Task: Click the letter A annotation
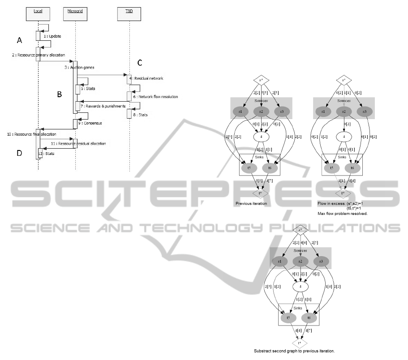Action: [19, 40]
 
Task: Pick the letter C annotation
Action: [140, 62]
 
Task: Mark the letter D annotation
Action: [19, 153]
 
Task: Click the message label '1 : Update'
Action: [52, 36]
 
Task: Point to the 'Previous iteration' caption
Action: [251, 203]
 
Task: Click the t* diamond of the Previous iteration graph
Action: [260, 193]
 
